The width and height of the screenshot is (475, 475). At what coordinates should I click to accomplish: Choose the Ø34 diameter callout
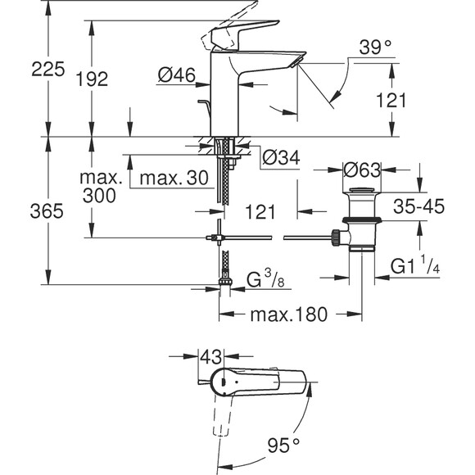click(x=280, y=155)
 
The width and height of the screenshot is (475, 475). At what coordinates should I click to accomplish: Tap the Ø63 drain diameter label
click(x=362, y=170)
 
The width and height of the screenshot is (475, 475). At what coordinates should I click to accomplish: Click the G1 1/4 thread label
click(x=418, y=267)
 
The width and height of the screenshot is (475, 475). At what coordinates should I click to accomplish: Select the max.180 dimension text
click(x=289, y=314)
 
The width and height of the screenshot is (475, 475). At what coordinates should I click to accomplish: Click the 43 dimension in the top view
click(x=211, y=358)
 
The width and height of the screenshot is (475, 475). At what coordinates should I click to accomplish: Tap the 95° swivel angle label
click(x=284, y=445)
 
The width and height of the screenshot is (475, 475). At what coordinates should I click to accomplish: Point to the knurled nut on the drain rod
click(x=334, y=237)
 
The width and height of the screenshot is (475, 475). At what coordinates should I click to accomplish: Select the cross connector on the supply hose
click(x=219, y=237)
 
